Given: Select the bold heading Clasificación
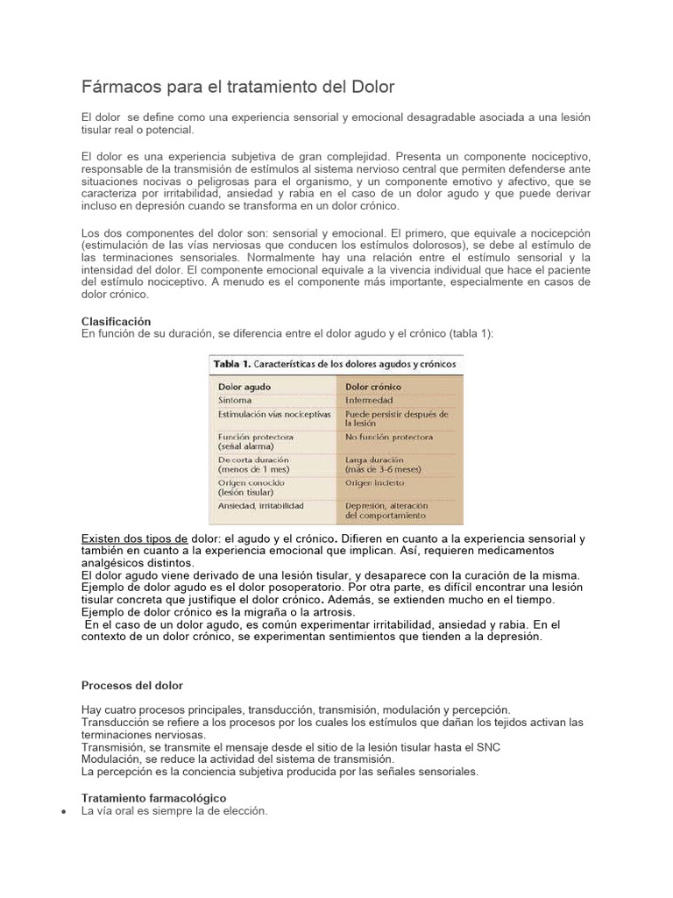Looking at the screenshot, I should coord(116,322).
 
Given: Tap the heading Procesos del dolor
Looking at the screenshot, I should coord(132,685).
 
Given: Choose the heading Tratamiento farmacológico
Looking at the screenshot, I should coord(153,798).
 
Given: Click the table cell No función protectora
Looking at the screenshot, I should coord(388,436).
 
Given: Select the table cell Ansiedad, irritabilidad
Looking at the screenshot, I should coord(262,506).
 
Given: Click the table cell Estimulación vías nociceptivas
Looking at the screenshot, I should coord(274,414).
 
